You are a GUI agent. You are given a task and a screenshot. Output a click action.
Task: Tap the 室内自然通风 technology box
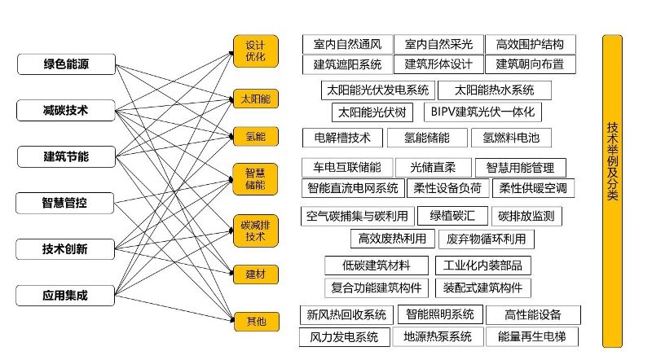click(346, 44)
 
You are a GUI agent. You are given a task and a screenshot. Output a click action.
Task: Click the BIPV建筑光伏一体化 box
click(485, 112)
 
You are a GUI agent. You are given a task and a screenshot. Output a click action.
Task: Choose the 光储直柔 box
click(431, 168)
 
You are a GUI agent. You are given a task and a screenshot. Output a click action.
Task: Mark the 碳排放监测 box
click(526, 216)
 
